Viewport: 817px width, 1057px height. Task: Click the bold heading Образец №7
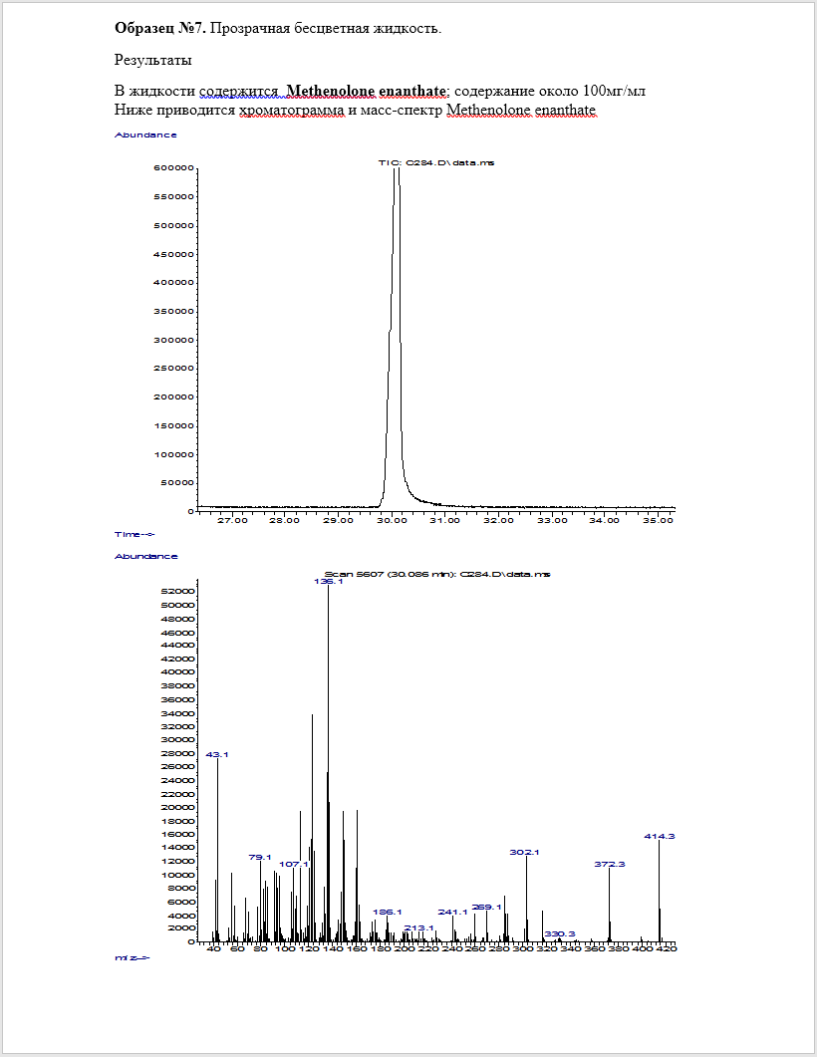pos(160,28)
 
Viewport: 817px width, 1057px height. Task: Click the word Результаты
pos(153,60)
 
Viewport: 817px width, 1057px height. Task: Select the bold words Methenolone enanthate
pos(366,92)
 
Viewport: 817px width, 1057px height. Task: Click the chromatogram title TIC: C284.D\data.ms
pos(435,162)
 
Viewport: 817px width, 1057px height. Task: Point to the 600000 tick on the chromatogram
pos(172,168)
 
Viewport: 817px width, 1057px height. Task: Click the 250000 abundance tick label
pos(172,369)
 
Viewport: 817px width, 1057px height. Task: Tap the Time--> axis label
pos(135,534)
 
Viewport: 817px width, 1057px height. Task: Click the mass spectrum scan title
pos(437,575)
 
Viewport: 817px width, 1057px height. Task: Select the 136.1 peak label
pos(329,582)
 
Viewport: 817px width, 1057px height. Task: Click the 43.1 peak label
pos(217,755)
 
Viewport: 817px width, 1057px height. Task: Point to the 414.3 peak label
pos(660,837)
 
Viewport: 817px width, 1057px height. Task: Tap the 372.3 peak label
pos(610,864)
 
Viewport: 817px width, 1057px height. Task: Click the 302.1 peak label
pos(525,853)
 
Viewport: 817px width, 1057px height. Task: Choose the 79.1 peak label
pos(260,857)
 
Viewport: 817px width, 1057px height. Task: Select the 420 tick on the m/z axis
pos(667,949)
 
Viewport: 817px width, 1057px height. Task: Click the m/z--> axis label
pos(133,957)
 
